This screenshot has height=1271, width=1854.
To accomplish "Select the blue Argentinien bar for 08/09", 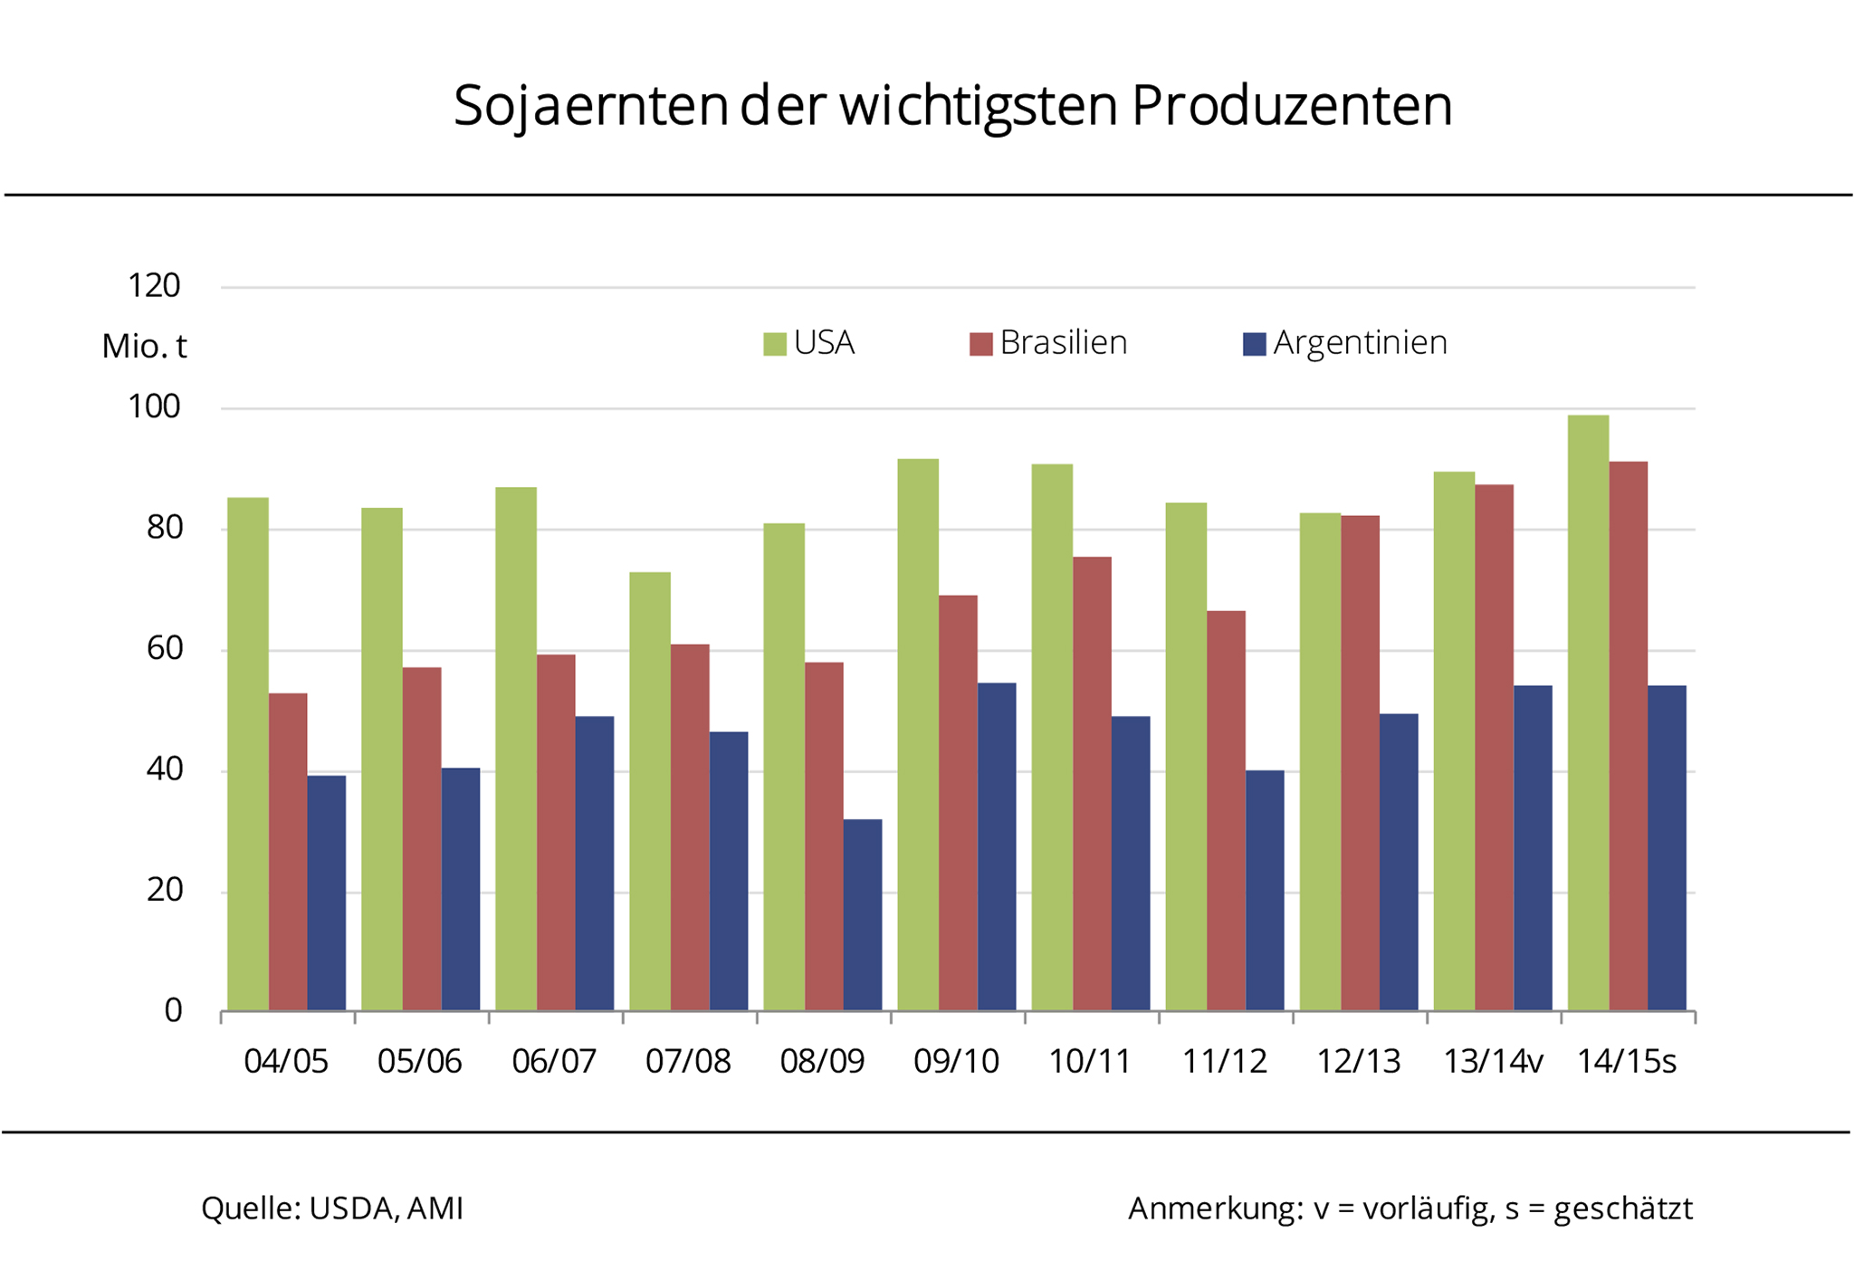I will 863,914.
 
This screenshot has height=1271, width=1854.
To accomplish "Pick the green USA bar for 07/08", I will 650,791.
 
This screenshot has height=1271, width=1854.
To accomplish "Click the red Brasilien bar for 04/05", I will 288,852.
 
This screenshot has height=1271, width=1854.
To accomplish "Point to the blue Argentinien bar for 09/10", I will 997,846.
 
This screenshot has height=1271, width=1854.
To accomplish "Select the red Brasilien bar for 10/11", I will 1092,784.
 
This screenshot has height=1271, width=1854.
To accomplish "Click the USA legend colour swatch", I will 775,344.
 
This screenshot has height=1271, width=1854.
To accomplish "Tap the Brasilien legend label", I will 1064,343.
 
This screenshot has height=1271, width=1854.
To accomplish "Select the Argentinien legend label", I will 1360,343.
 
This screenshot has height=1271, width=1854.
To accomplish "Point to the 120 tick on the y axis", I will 155,286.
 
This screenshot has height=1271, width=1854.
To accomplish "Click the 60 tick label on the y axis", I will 165,648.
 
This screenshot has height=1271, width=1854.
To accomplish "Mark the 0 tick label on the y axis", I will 173,1010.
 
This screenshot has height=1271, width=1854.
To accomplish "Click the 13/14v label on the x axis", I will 1492,1061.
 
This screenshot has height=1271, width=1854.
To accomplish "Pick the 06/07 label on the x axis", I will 554,1061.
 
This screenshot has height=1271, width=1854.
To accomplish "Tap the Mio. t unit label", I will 144,347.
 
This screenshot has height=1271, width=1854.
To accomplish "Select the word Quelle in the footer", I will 250,1209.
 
